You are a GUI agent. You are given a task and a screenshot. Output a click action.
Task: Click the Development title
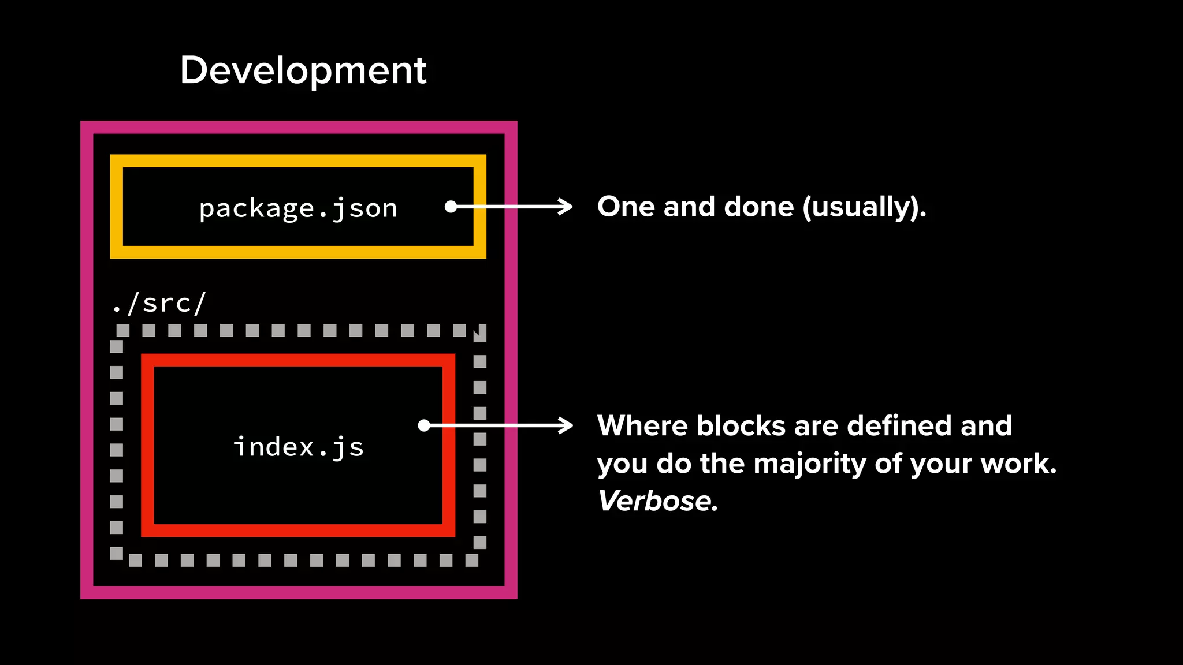(303, 70)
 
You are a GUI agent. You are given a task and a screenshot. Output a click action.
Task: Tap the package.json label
(298, 208)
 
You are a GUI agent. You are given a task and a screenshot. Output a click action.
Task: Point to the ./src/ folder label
(159, 303)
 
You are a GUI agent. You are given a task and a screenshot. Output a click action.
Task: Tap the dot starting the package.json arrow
(451, 207)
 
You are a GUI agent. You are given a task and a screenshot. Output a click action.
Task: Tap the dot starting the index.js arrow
(424, 426)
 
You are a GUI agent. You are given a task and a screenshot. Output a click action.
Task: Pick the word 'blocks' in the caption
(741, 426)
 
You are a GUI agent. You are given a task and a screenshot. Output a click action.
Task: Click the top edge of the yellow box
(298, 160)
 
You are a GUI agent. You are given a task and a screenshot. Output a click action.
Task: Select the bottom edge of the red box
(298, 530)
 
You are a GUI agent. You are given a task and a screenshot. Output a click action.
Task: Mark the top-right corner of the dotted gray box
(479, 331)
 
